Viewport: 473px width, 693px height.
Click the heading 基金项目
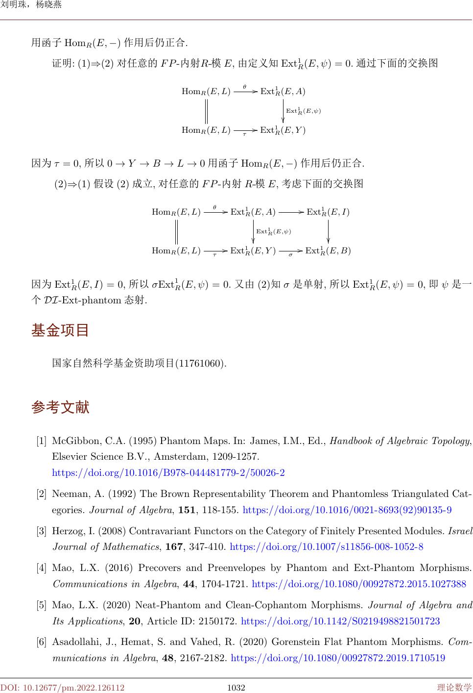coord(60,330)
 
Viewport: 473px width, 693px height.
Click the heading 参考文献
coord(60,407)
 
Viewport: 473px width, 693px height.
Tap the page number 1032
coord(236,688)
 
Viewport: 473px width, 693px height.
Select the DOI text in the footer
coord(62,688)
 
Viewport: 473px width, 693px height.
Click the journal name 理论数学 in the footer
coord(454,688)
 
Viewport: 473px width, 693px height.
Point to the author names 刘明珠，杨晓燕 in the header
coord(31,5)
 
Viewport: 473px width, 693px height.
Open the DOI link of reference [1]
coord(168,473)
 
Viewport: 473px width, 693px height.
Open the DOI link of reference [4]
coord(359,584)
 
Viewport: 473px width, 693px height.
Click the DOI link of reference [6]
coord(338,658)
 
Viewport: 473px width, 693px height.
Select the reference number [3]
coord(42,531)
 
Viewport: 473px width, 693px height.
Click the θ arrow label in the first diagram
coord(245,86)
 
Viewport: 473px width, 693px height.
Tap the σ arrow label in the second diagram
coord(290,255)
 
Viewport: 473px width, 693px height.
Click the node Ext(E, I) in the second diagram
coord(328,212)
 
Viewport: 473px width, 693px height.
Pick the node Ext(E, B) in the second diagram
coord(328,251)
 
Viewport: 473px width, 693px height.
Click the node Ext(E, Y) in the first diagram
coord(283,130)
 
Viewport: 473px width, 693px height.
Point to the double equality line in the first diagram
coord(206,111)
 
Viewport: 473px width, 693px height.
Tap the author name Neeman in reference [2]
coord(68,494)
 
